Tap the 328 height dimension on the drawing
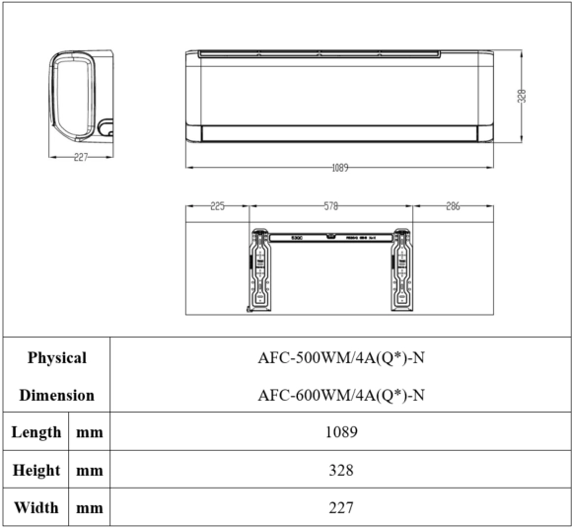click(x=522, y=96)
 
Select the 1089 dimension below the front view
click(x=339, y=167)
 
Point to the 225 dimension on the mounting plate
click(x=218, y=207)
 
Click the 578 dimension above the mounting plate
click(x=331, y=207)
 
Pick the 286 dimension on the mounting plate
click(x=452, y=207)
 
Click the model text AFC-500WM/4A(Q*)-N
click(x=340, y=358)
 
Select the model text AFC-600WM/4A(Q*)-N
click(x=340, y=395)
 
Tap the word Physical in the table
click(x=56, y=358)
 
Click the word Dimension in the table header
click(x=56, y=395)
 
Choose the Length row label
click(x=36, y=432)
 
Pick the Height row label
click(x=36, y=470)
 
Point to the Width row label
click(x=36, y=507)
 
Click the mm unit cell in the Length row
click(x=90, y=432)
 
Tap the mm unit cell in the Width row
click(x=90, y=507)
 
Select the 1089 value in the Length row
click(x=340, y=432)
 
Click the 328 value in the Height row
click(x=340, y=470)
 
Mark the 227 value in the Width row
click(x=340, y=507)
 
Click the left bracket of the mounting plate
click(x=261, y=266)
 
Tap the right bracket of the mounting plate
click(x=402, y=266)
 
